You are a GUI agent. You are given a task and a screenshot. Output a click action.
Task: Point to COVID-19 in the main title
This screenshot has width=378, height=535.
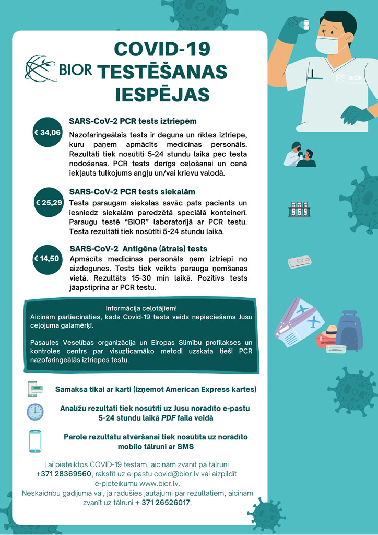[x=162, y=50]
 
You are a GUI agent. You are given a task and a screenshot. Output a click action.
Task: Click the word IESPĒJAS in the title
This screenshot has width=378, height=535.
[x=162, y=95]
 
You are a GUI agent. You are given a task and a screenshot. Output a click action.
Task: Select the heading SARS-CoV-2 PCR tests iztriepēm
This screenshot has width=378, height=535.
[x=133, y=121]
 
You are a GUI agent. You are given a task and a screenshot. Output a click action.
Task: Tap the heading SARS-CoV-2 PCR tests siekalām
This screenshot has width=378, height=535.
[x=132, y=192]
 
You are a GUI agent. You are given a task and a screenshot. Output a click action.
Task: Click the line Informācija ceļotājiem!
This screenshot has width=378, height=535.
[x=141, y=308]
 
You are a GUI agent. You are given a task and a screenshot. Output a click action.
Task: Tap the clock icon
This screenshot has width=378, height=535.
[x=35, y=412]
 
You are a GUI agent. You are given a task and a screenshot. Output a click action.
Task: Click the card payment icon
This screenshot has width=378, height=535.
[x=35, y=389]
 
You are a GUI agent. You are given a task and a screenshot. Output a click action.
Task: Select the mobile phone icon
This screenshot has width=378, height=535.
[x=35, y=441]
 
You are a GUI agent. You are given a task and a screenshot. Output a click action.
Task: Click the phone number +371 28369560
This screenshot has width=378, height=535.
[x=63, y=474]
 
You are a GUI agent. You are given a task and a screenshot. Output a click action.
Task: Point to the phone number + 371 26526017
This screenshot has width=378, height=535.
[x=163, y=503]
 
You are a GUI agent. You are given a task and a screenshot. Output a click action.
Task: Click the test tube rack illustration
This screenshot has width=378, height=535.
[x=299, y=210]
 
